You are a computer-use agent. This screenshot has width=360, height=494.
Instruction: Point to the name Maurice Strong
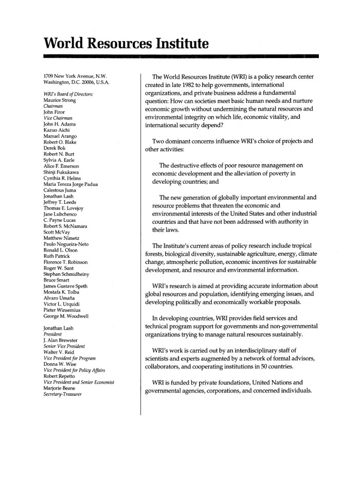point(61,100)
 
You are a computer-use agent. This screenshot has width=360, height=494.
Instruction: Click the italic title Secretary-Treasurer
point(63,395)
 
